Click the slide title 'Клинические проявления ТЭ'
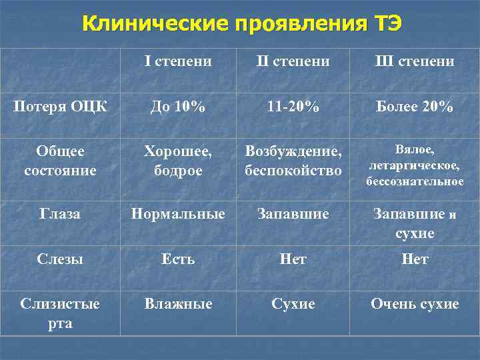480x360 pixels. coord(242,24)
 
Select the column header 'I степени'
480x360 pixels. coord(179,62)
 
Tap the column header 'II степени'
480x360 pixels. coord(293,62)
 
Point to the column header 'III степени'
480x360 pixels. coord(415,62)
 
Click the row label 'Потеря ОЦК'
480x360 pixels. coord(60,107)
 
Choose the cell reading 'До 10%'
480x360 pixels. coord(179,107)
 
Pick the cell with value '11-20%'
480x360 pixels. coord(293,107)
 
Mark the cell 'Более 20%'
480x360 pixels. coord(415,107)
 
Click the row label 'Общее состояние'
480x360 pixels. coord(60,161)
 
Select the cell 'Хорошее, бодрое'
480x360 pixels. coord(179,161)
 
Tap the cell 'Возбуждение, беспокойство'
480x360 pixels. coord(293,161)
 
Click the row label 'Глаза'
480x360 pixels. coord(60,214)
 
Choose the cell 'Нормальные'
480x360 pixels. coord(179,214)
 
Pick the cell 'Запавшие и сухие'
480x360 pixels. coord(415,224)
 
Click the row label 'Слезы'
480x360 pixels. coord(60,259)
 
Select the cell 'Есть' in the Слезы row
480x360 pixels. coord(179,259)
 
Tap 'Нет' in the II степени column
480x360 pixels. coord(293,259)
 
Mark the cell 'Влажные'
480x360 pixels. coord(179,304)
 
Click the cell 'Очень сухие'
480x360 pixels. coord(415,304)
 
